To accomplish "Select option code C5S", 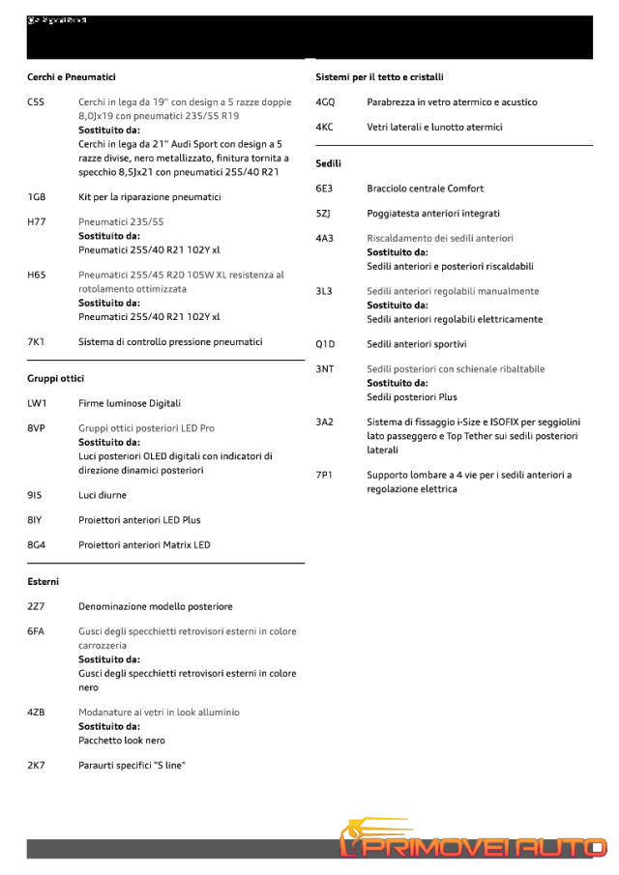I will pyautogui.click(x=37, y=102).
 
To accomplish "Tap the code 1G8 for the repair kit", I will pyautogui.click(x=37, y=197).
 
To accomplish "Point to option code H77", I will pyautogui.click(x=37, y=221).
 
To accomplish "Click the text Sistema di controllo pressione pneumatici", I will pyautogui.click(x=170, y=341).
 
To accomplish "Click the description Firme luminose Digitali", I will pyautogui.click(x=130, y=403).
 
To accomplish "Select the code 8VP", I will pyautogui.click(x=37, y=427).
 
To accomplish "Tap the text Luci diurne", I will pyautogui.click(x=103, y=495).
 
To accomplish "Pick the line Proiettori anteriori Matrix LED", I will pyautogui.click(x=144, y=544).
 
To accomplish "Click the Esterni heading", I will pyautogui.click(x=44, y=581).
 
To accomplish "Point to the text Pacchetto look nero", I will pyautogui.click(x=122, y=741).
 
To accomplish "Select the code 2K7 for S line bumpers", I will pyautogui.click(x=37, y=765).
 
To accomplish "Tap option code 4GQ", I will pyautogui.click(x=326, y=102).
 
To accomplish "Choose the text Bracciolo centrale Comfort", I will pyautogui.click(x=426, y=189).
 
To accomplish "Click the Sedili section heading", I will pyautogui.click(x=329, y=163).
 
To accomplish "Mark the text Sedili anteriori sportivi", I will pyautogui.click(x=418, y=343).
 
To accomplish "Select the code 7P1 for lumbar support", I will pyautogui.click(x=325, y=475).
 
